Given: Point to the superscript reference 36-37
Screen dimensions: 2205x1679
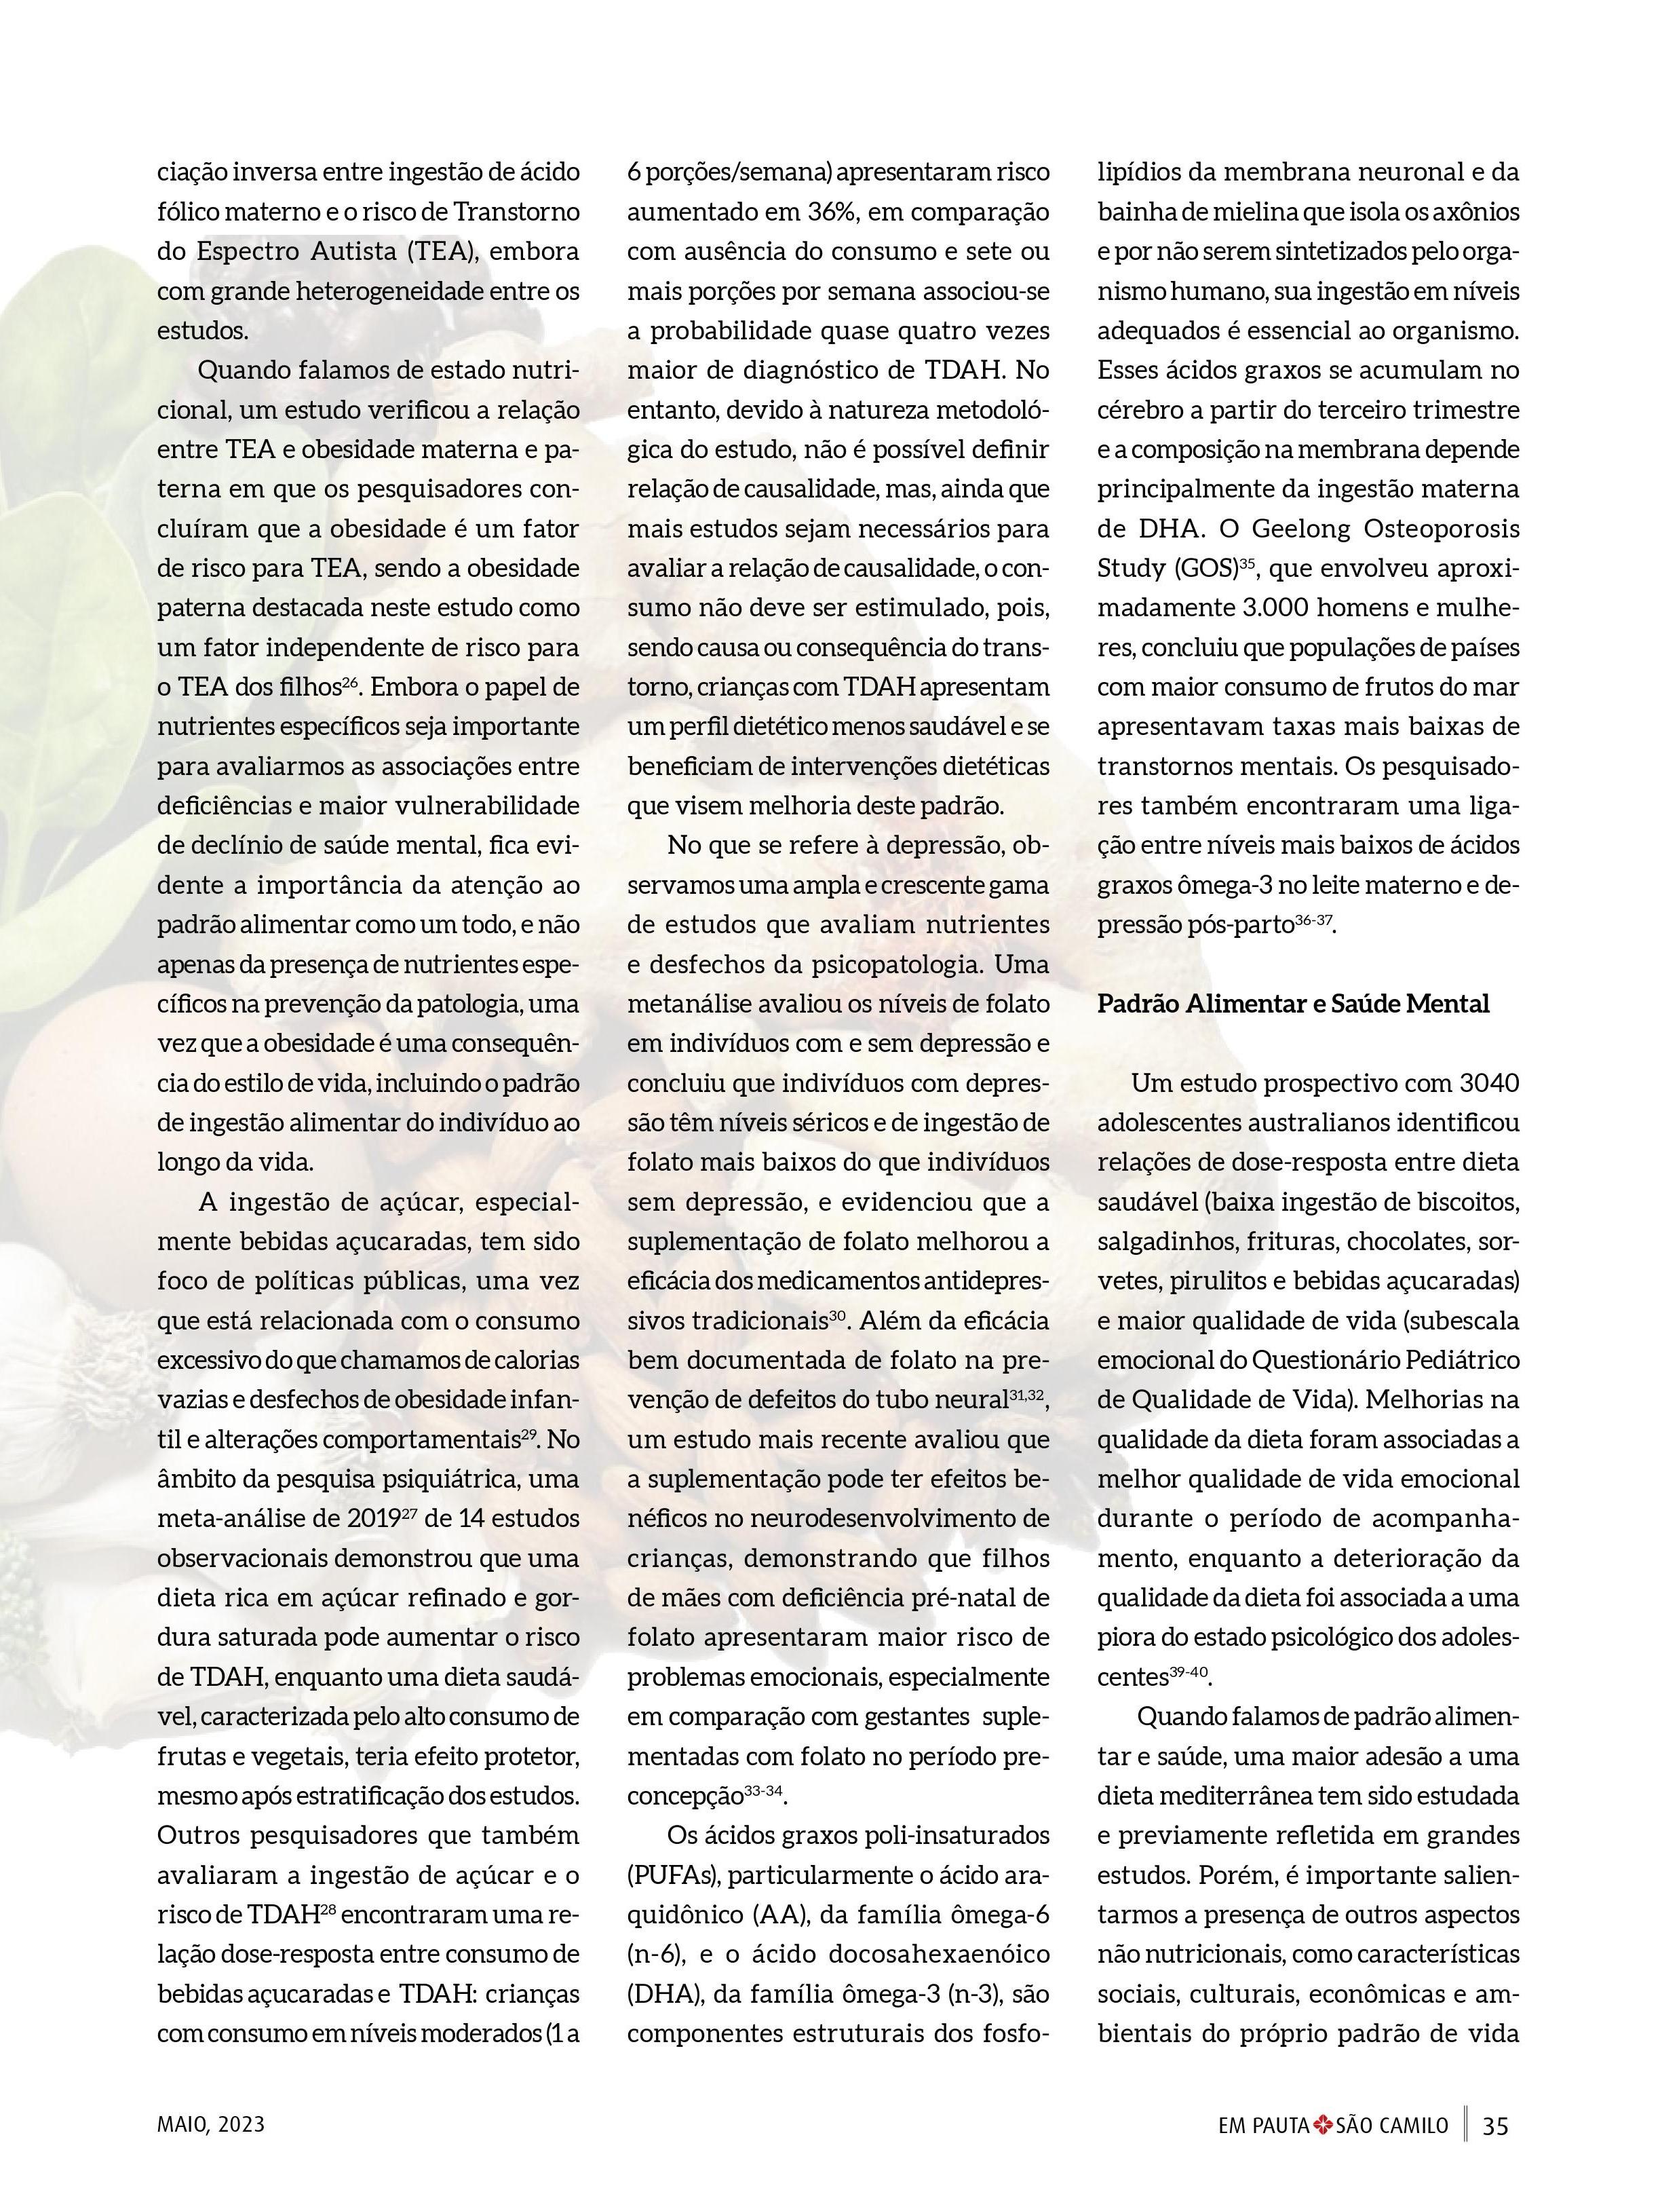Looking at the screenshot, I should point(1314,920).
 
